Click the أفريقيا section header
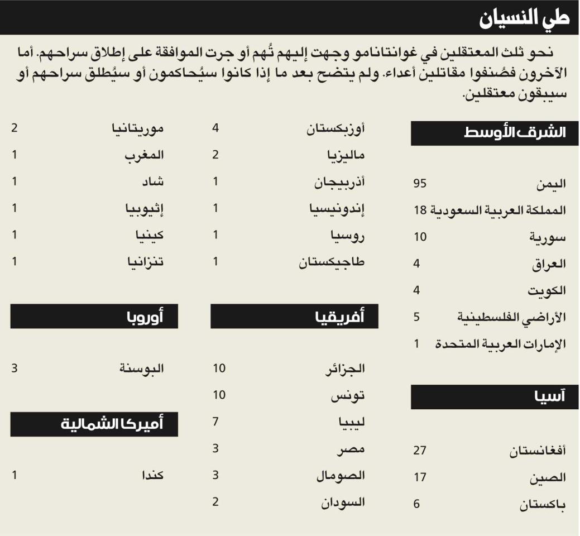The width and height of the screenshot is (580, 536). click(341, 317)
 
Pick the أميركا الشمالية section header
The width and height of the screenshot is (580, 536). click(112, 424)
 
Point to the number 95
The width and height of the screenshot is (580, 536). click(420, 183)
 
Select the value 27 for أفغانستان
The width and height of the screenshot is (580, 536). click(420, 451)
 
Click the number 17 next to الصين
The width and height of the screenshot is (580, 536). click(420, 477)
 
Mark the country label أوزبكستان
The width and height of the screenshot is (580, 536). click(335, 129)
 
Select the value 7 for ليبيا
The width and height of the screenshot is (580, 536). click(215, 422)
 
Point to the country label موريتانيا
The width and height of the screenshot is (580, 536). click(137, 129)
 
